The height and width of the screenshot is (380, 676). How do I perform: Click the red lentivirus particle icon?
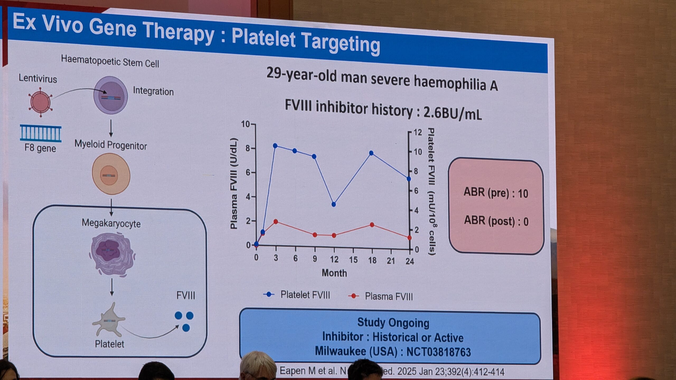[40, 102]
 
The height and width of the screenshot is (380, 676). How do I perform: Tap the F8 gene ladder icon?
[41, 134]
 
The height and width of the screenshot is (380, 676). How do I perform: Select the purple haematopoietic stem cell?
[111, 95]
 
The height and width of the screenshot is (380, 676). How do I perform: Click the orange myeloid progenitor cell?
[111, 174]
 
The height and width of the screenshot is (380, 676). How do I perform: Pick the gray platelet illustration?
[109, 320]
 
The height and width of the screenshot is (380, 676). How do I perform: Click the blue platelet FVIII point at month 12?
[334, 204]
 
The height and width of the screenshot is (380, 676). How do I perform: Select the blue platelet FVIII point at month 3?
[275, 146]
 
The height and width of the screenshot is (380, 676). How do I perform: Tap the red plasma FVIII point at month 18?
[372, 225]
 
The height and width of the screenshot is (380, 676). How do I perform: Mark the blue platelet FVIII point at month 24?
[409, 179]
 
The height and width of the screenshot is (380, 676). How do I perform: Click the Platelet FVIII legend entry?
[297, 295]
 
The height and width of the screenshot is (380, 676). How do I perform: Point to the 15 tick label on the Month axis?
[353, 260]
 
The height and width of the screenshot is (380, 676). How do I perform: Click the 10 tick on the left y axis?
[245, 124]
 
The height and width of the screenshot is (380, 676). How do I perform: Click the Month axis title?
[334, 273]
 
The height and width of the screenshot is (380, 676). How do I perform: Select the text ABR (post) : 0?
[496, 221]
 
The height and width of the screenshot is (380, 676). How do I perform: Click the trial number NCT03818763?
[439, 352]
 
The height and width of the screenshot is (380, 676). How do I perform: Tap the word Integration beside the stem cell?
[153, 91]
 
